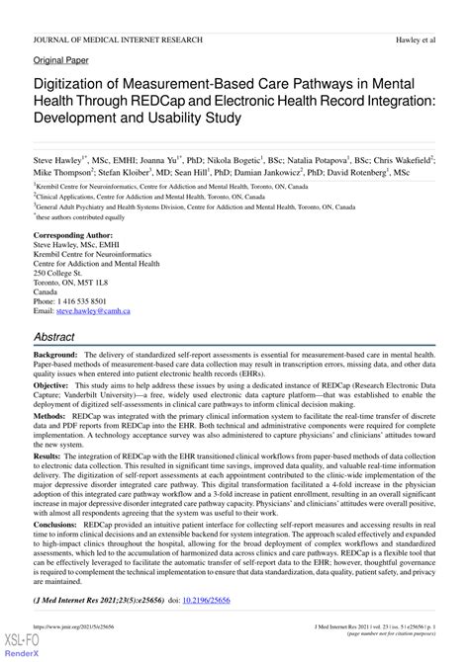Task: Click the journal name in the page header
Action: click(x=118, y=40)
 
